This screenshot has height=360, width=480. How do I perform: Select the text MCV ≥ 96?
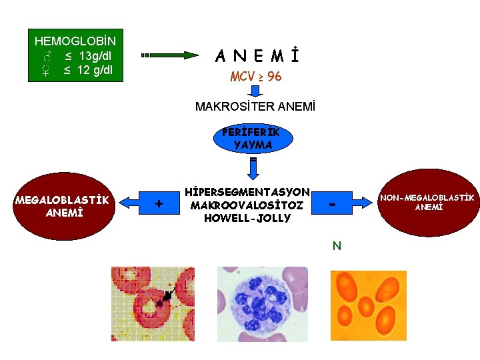coord(256,77)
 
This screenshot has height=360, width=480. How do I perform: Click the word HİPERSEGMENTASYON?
coord(248,192)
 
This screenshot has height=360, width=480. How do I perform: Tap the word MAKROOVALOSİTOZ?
coord(248,205)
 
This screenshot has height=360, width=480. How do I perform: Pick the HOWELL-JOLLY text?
coord(248,218)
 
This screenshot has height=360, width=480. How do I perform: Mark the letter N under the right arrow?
coord(337,246)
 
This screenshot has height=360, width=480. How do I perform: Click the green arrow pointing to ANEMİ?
coord(170,55)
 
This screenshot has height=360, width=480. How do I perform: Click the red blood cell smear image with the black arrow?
coord(153,304)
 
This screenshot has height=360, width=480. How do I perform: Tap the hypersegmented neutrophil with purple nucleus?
coord(263,304)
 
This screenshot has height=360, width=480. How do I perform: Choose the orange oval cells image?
coord(369,304)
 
